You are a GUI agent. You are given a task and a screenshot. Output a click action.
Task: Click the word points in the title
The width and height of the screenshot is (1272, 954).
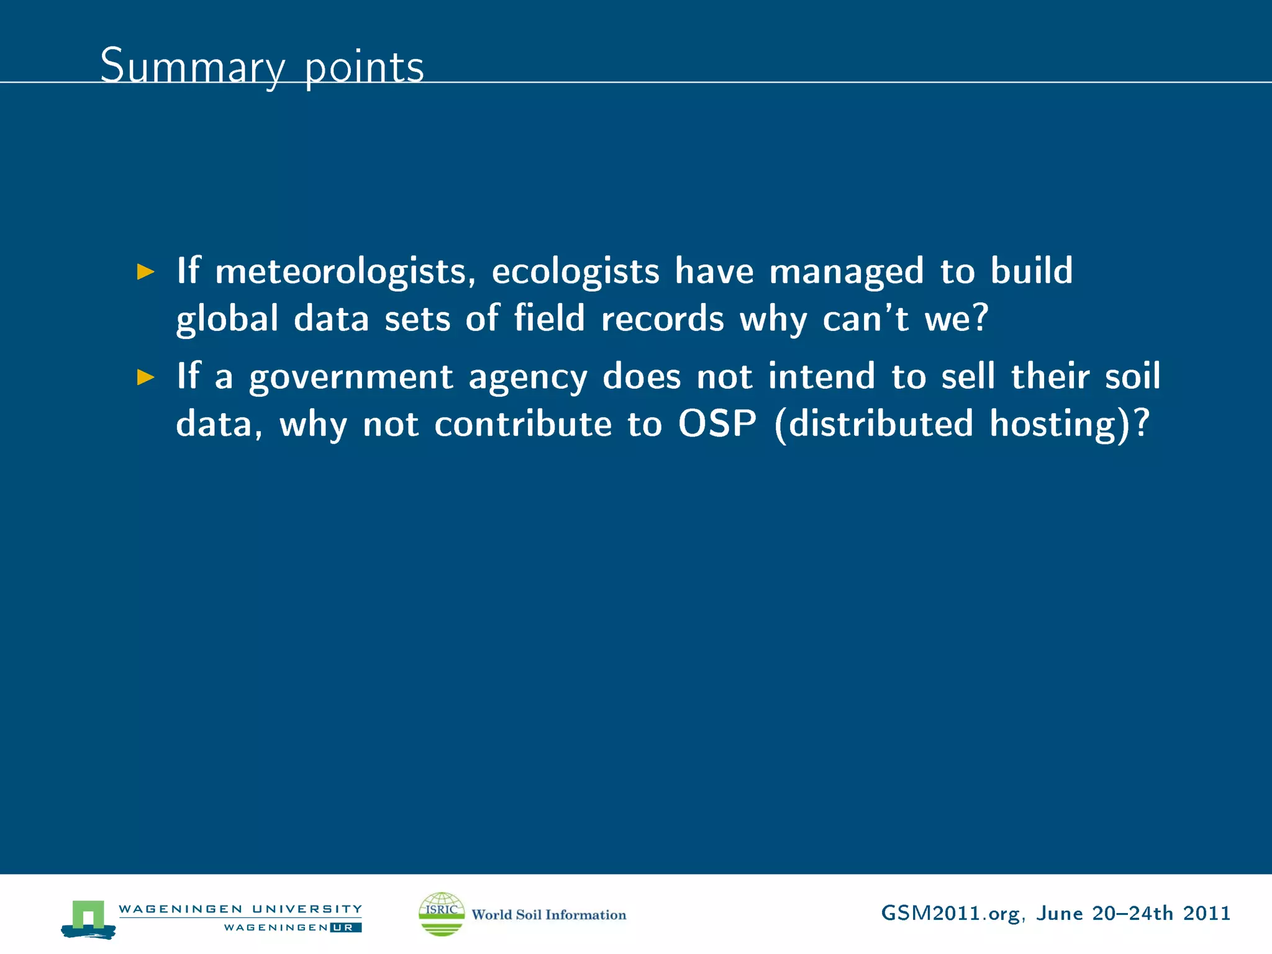click(364, 67)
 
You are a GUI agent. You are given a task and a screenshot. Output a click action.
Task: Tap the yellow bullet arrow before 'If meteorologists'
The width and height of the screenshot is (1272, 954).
click(145, 271)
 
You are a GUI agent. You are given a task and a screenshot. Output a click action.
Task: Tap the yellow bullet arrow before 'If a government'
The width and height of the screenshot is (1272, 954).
click(145, 377)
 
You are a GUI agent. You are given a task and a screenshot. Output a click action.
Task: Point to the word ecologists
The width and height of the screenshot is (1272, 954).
click(575, 272)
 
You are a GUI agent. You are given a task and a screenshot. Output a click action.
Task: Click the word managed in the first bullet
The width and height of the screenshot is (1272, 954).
click(847, 272)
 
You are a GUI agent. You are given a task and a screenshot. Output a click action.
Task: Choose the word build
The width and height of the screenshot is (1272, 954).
click(1031, 271)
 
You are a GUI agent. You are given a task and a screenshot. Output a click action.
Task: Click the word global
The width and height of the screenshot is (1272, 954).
click(227, 319)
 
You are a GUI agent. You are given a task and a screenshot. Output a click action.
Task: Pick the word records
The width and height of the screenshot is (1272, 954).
click(662, 319)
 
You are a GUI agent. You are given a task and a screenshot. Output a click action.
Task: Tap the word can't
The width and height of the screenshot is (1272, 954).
click(866, 319)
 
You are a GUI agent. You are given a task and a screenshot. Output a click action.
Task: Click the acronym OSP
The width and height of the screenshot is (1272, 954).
click(717, 424)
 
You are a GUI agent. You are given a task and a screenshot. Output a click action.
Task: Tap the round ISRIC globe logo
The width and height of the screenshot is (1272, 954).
click(442, 914)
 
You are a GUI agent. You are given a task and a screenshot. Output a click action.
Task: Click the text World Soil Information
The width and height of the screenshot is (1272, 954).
click(548, 914)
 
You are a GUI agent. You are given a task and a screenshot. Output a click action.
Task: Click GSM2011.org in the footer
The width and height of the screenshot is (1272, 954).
click(950, 914)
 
